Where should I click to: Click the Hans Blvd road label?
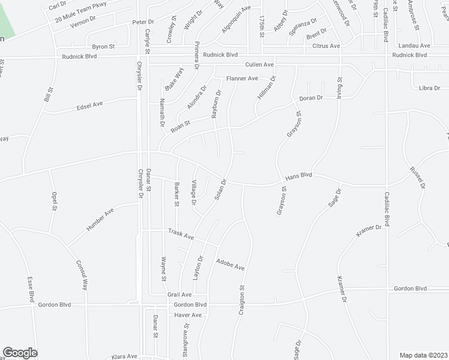299,176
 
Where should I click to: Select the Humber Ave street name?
100,220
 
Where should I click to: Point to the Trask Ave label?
180,234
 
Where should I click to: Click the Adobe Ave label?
231,263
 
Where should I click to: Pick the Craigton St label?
243,296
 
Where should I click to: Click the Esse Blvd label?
30,289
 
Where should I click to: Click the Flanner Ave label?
242,78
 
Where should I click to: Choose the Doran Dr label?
312,97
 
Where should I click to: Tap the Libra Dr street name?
430,88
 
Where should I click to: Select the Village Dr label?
193,192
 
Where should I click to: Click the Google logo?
20,352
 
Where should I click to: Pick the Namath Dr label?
162,112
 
